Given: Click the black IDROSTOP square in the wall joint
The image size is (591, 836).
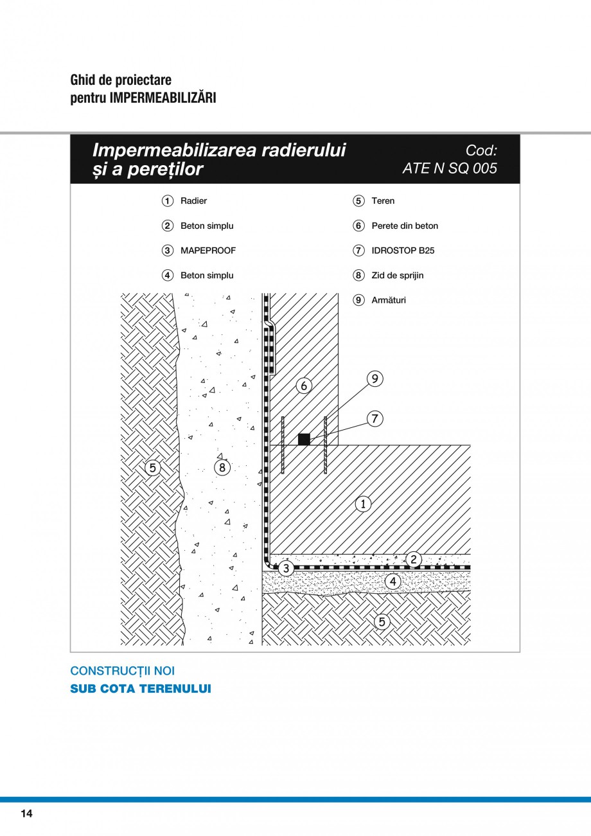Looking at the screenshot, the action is [304, 440].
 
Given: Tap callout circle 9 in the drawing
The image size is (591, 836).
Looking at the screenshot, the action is [375, 379].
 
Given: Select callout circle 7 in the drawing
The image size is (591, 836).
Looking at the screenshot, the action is [375, 419].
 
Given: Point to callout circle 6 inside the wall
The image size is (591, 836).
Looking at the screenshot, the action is [304, 386].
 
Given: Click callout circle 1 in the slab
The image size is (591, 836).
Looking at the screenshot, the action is [363, 504].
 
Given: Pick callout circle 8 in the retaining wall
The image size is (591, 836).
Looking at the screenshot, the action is [222, 467].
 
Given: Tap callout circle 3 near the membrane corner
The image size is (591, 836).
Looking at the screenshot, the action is [286, 569].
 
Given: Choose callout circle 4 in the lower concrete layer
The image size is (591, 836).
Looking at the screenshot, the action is [393, 581].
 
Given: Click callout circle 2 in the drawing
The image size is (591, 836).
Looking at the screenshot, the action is [414, 560].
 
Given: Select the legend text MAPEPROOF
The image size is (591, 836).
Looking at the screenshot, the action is [208, 251].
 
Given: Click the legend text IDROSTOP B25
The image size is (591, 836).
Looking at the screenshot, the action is [403, 251].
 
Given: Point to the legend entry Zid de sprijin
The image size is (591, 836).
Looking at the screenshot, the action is [398, 276].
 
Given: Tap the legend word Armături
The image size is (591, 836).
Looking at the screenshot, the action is [389, 300].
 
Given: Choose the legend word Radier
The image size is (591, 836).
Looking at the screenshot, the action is [193, 200].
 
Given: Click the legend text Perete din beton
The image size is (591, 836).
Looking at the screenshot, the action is [405, 226].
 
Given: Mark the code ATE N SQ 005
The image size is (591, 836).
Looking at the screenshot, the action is [450, 168].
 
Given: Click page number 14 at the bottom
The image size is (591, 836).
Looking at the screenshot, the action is [27, 814].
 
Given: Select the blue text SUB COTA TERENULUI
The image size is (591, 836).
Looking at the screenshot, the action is [141, 689].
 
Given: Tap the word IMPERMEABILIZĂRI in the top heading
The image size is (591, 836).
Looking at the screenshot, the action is [163, 98].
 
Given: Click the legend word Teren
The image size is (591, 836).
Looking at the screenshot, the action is [383, 200].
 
